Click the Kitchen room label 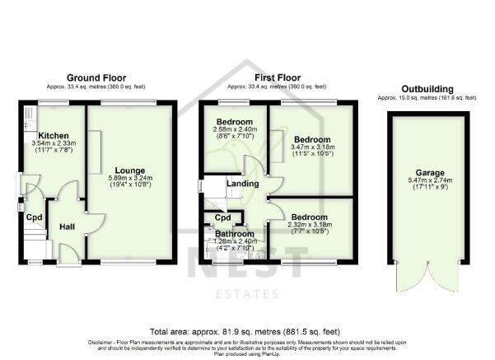point(52,135)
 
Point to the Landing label point(244,184)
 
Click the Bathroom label point(235,233)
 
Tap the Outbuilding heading point(427,88)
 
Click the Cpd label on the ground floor point(34,217)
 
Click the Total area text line point(247,330)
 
